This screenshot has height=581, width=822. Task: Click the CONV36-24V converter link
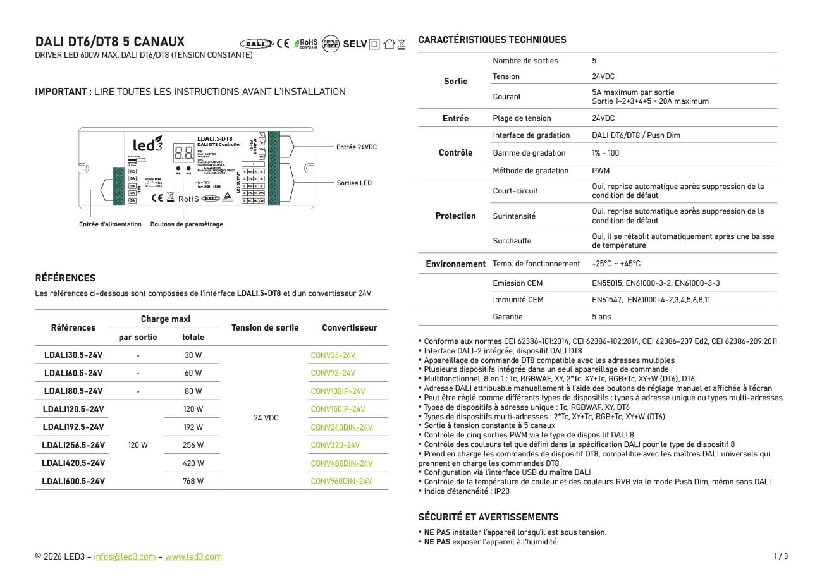[333, 355]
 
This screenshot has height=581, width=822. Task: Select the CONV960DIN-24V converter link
[341, 481]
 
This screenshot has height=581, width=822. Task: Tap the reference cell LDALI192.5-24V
[73, 427]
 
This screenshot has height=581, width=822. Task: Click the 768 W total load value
[193, 481]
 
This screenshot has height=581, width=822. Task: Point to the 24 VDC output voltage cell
[266, 418]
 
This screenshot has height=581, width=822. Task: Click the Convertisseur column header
[349, 327]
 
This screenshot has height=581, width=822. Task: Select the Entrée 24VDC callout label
[356, 147]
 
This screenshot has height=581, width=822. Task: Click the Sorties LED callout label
[354, 183]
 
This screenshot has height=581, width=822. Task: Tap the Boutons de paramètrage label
[187, 224]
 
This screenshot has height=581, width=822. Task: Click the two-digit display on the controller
[184, 152]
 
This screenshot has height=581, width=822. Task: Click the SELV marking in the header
[355, 44]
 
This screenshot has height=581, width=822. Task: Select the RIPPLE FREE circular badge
[331, 44]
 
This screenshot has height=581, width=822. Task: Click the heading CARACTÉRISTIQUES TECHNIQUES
[492, 40]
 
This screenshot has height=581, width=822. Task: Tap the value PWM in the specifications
[601, 171]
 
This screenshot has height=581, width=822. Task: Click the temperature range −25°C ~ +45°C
[616, 264]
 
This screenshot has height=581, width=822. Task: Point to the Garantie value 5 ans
[601, 317]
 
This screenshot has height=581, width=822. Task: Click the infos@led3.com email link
[125, 557]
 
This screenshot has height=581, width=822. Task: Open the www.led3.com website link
[193, 557]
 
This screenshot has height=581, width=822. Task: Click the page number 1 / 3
[780, 557]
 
